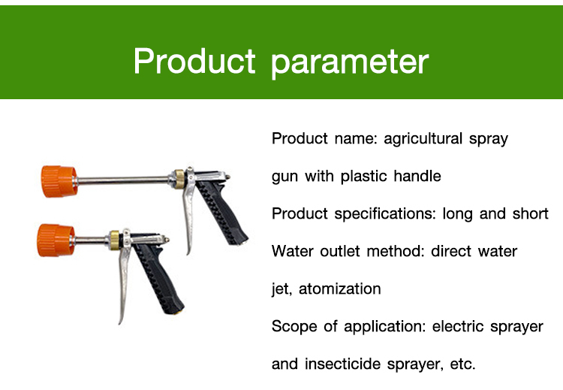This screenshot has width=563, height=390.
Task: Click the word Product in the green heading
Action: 194,61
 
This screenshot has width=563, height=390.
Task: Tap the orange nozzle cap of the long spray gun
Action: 59,181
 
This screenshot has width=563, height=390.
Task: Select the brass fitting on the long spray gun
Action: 179,179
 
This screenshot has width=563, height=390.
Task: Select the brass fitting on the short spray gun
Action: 116,240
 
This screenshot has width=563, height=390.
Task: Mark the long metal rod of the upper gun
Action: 123,180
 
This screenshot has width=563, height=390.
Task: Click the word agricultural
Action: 423,139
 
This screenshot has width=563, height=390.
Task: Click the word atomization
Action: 339,289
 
